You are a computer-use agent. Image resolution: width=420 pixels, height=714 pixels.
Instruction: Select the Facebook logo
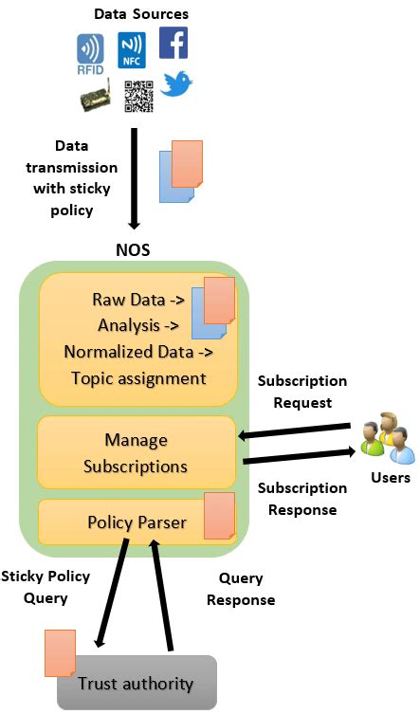[x=173, y=44]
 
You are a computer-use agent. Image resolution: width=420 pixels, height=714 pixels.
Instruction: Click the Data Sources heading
[x=141, y=14]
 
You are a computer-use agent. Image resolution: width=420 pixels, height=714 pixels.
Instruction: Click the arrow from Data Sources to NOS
[x=134, y=180]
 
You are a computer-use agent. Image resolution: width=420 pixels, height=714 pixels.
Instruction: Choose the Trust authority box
[x=137, y=683]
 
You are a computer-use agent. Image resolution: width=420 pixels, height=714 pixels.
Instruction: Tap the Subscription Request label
[x=303, y=392]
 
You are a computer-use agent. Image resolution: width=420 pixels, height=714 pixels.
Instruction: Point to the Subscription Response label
[x=303, y=499]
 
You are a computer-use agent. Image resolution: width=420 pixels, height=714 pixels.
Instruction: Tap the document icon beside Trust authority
[x=61, y=653]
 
